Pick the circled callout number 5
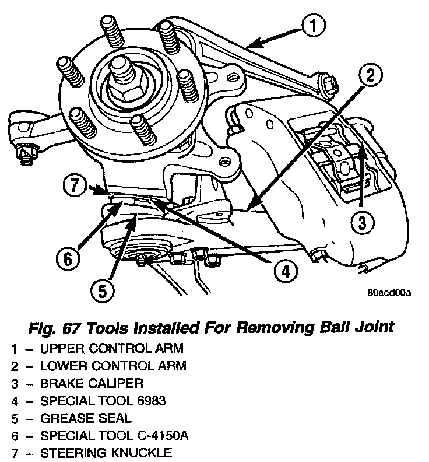[103, 290]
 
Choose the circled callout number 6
[68, 257]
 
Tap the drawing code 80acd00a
[389, 292]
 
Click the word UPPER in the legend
[59, 349]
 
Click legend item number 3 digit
[13, 383]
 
